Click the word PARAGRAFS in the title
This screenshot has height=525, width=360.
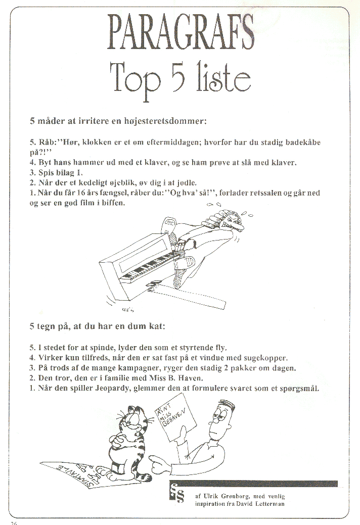[181, 32]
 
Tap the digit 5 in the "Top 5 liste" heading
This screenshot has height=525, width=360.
[182, 77]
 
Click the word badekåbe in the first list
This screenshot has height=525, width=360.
[303, 142]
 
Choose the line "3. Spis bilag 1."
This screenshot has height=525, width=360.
[56, 173]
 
